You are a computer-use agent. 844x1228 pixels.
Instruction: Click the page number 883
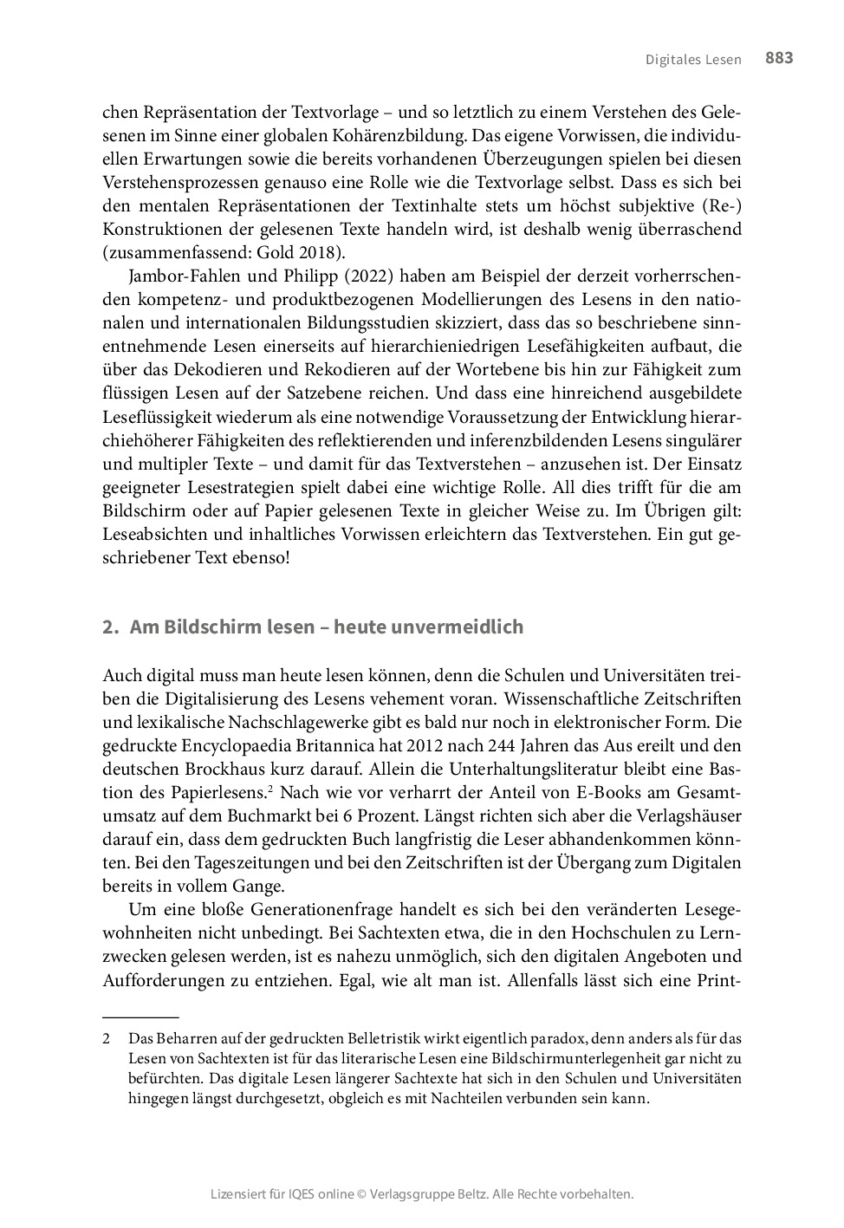(778, 58)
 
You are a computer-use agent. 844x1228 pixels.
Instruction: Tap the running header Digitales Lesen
(693, 60)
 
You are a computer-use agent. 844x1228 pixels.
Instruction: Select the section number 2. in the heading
(109, 627)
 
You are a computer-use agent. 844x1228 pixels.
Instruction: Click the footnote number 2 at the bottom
(106, 1037)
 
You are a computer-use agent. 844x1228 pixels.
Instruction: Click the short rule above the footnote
(140, 1016)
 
